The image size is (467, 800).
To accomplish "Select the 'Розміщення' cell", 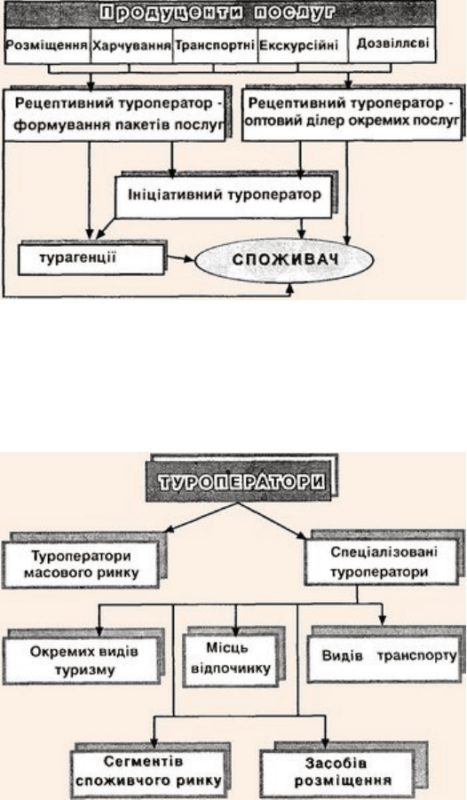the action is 47,45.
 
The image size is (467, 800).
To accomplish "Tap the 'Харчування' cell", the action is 131,45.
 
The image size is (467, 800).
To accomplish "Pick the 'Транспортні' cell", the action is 215,45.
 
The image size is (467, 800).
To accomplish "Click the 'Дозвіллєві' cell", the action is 392,45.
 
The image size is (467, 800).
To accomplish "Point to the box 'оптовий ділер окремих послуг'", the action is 352,115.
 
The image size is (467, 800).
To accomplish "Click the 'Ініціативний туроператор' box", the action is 224,197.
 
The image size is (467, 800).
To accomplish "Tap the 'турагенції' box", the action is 91,259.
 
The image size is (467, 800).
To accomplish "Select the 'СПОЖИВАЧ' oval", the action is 285,259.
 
